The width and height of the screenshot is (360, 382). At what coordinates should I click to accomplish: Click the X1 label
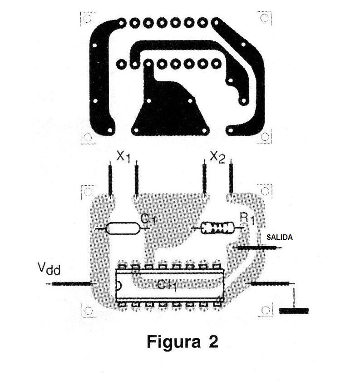(x=123, y=157)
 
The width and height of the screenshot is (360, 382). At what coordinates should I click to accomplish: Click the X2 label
(x=217, y=157)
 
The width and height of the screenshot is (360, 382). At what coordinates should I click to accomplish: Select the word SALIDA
(x=279, y=237)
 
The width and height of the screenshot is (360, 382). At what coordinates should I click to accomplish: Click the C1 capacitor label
(x=148, y=219)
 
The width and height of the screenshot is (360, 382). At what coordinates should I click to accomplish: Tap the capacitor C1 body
(x=123, y=228)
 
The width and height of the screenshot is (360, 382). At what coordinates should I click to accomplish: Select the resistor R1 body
(x=218, y=228)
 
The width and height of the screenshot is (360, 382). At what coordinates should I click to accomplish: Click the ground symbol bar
(x=294, y=311)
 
